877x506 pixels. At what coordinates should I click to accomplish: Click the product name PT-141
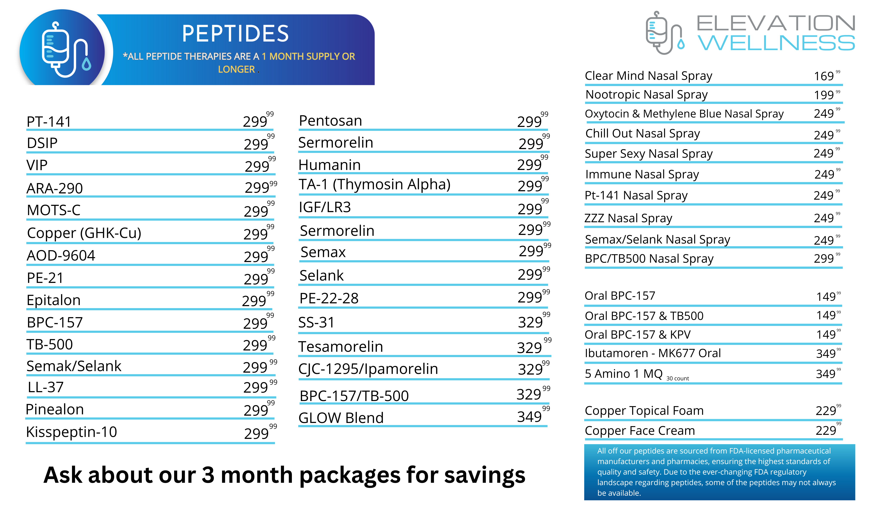49,122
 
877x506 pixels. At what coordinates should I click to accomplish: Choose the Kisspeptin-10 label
72,432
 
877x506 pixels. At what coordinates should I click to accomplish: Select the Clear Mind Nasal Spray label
649,76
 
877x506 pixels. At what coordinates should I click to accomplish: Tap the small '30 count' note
678,378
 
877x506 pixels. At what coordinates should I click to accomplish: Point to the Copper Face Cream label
640,430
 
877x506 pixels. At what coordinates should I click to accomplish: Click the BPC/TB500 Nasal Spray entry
649,259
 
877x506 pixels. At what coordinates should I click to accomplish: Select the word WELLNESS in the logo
777,43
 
